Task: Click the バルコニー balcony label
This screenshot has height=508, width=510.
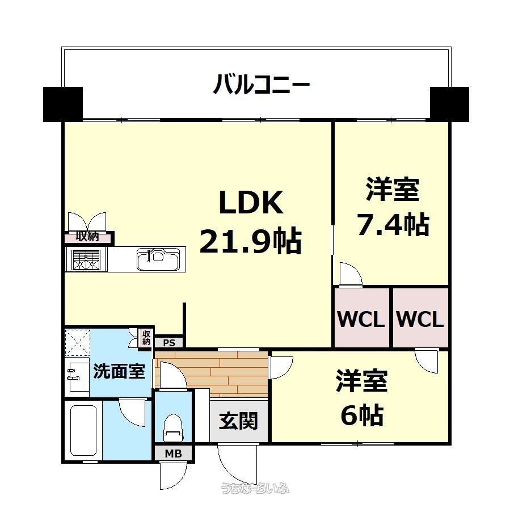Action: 262,84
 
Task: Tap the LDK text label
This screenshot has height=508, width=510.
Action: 251,202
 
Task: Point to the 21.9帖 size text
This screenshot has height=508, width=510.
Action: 250,241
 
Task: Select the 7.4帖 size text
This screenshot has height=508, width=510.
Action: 393,224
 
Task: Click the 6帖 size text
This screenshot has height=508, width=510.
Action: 362,414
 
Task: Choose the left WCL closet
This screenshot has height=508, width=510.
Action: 362,318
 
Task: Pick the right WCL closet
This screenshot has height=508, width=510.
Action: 420,318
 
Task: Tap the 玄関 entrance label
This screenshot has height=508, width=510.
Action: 238,421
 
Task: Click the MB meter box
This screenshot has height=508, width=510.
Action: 174,453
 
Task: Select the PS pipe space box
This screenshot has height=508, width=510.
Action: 169,343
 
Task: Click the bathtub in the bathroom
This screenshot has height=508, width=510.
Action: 83,430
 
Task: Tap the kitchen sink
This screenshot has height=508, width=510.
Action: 158,259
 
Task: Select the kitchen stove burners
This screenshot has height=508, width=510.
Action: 86,260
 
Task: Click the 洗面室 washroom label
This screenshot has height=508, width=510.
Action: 119,371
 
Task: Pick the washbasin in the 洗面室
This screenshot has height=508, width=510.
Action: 77,377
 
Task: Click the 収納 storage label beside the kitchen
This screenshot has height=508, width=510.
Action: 87,237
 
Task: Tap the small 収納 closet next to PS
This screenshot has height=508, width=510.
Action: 146,338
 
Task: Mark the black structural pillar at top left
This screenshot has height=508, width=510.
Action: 63,104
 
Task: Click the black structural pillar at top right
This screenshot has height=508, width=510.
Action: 449,104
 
